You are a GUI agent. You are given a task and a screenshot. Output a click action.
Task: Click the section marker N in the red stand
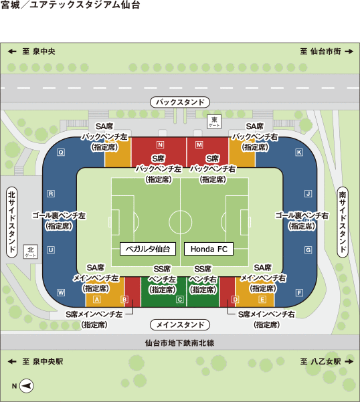[160, 145]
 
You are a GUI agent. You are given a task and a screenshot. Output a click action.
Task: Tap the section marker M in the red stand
[199, 145]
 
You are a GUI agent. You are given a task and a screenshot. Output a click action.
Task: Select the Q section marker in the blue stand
[61, 153]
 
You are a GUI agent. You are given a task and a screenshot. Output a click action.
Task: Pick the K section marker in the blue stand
[299, 153]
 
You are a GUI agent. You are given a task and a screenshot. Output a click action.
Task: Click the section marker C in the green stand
[180, 299]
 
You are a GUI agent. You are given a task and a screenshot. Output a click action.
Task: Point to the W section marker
[61, 292]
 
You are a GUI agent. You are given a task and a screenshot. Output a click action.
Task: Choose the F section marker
[299, 292]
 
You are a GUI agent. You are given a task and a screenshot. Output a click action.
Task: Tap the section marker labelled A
[96, 299]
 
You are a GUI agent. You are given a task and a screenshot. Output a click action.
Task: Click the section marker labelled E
[262, 299]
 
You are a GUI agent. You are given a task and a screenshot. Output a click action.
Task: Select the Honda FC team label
[209, 249]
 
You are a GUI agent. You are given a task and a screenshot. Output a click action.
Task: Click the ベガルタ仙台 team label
[148, 249]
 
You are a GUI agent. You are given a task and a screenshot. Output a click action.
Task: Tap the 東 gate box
[214, 121]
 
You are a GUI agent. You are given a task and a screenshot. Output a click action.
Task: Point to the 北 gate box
[31, 252]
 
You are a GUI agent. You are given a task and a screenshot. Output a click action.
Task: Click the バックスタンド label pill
[180, 102]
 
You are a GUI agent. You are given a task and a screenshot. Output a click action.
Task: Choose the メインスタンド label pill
[180, 324]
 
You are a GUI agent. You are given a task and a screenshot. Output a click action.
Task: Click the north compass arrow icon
[27, 385]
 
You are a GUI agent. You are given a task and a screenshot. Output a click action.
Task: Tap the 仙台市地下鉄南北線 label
[179, 342]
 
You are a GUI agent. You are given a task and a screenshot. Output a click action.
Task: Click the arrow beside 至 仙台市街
[349, 52]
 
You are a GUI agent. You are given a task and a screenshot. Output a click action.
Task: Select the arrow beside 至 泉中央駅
[12, 361]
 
